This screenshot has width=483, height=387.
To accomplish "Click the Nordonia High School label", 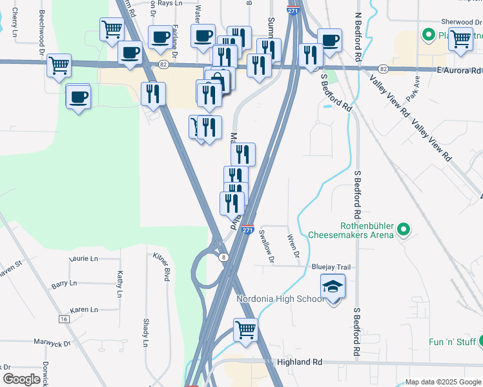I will [x=280, y=299].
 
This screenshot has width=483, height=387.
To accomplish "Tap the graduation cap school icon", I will [x=333, y=286].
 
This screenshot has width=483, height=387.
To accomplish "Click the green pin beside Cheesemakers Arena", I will [x=403, y=229].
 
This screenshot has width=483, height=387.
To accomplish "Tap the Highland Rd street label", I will [x=299, y=362].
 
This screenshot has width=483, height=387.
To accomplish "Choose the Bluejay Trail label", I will [x=331, y=267].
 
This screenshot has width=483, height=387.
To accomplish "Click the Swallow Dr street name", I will [x=266, y=246].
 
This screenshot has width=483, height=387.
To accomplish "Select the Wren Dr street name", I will [x=294, y=244].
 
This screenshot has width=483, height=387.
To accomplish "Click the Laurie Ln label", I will [x=84, y=259].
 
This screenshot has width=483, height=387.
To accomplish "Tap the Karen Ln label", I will [x=83, y=310].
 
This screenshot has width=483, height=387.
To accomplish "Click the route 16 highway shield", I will [x=63, y=319].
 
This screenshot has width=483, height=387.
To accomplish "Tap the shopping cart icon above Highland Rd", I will [x=245, y=330].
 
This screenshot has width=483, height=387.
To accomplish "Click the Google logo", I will [x=22, y=379].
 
